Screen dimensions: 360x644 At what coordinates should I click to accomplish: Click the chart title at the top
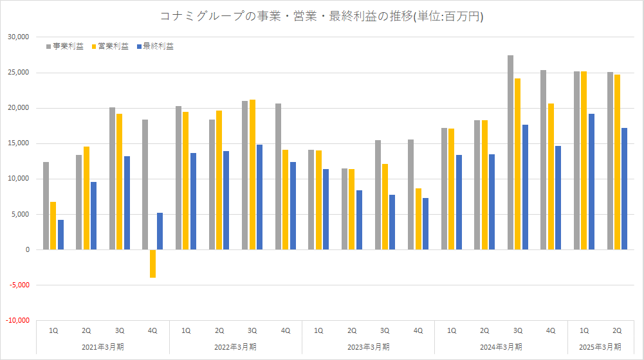click(x=322, y=16)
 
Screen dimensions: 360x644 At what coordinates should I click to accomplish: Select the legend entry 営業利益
click(x=110, y=46)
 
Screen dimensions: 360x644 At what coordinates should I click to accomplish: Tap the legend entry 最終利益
click(x=154, y=46)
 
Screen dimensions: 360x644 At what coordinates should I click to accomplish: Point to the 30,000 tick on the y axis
click(x=19, y=37)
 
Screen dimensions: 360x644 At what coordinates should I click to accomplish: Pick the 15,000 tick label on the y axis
click(x=19, y=143)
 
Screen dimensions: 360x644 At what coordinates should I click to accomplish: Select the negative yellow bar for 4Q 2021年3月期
click(x=153, y=264)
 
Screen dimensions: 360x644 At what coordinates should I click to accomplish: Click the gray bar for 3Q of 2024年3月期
click(x=510, y=152)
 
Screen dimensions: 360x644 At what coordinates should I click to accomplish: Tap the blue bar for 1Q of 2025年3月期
click(x=591, y=182)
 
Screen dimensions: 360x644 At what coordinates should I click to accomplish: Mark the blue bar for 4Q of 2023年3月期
click(x=425, y=224)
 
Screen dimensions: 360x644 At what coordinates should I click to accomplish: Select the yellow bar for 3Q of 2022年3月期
click(x=252, y=175)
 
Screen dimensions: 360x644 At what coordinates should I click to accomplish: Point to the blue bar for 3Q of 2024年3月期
click(x=525, y=187)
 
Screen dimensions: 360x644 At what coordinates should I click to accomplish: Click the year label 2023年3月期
click(x=368, y=346)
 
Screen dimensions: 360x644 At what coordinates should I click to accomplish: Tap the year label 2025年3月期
click(x=600, y=346)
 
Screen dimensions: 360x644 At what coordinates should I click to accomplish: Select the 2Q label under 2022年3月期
click(x=219, y=330)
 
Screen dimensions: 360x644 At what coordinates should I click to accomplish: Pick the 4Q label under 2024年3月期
click(x=551, y=330)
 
